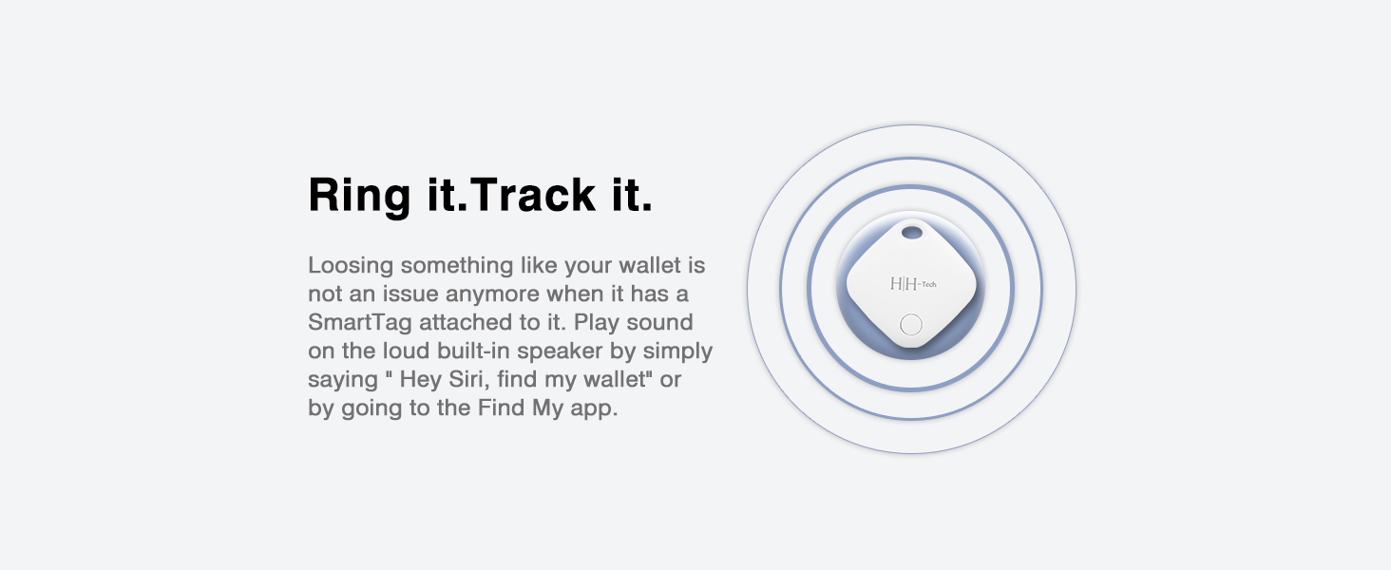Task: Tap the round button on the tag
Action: click(910, 324)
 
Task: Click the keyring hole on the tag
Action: click(911, 232)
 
